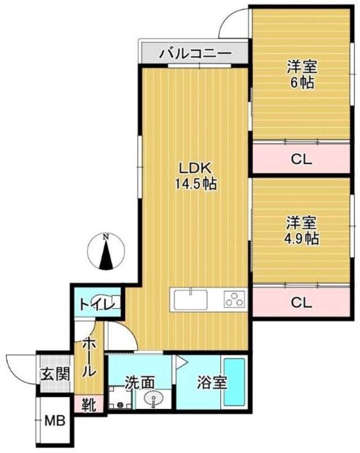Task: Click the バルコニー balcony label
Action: [x=195, y=54]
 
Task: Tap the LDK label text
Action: [x=195, y=168]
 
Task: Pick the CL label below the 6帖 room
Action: [x=301, y=160]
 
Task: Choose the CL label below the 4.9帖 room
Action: [x=301, y=303]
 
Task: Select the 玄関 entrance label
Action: [x=54, y=374]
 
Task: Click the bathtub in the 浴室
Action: [x=234, y=382]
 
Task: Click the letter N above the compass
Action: [x=106, y=237]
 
